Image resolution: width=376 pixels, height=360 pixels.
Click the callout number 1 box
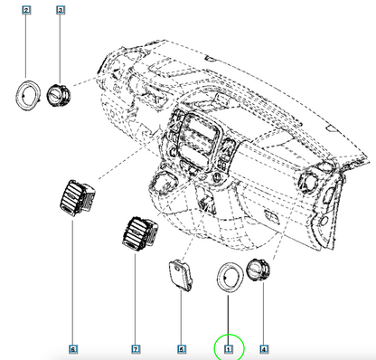point(229,349)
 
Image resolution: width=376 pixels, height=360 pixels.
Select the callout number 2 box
point(26,10)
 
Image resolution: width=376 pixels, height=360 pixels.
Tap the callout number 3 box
point(61,10)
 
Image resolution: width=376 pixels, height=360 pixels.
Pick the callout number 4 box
point(264,349)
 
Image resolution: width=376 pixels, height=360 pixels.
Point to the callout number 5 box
point(182,349)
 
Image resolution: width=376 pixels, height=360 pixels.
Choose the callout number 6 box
point(73,349)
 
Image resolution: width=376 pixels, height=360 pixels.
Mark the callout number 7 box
point(136,349)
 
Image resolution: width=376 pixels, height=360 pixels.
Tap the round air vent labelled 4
point(258,270)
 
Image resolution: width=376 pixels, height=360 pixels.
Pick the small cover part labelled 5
point(180,275)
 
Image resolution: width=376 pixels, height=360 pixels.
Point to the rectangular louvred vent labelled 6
point(77,198)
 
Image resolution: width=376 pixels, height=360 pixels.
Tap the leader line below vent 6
point(72,283)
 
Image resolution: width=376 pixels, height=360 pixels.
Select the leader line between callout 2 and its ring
point(26,46)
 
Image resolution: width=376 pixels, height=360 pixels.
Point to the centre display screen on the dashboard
point(200,133)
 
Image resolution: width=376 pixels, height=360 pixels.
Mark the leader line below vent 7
point(136,299)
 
